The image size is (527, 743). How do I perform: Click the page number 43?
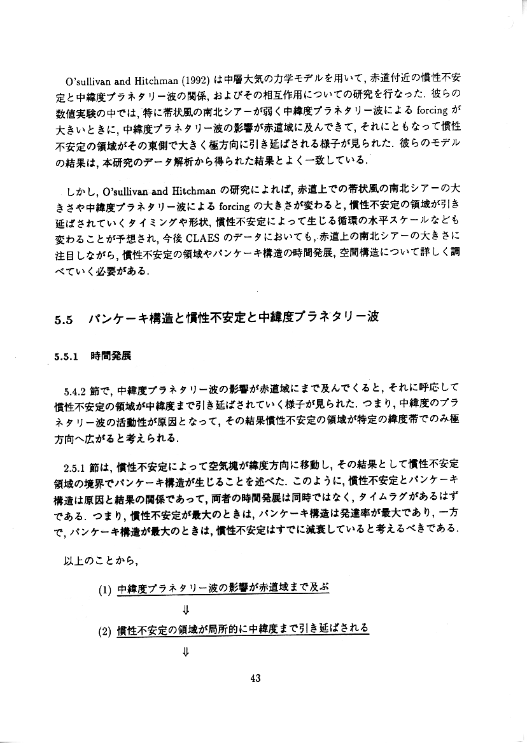pos(256,678)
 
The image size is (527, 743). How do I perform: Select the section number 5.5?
pos(66,320)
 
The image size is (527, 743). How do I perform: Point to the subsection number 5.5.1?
pos(66,357)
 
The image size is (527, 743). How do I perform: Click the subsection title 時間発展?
pos(111,356)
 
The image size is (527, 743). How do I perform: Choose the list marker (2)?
pos(106,630)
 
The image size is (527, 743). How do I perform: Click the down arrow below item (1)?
pos(186,609)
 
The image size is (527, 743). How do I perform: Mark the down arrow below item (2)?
pos(186,651)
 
